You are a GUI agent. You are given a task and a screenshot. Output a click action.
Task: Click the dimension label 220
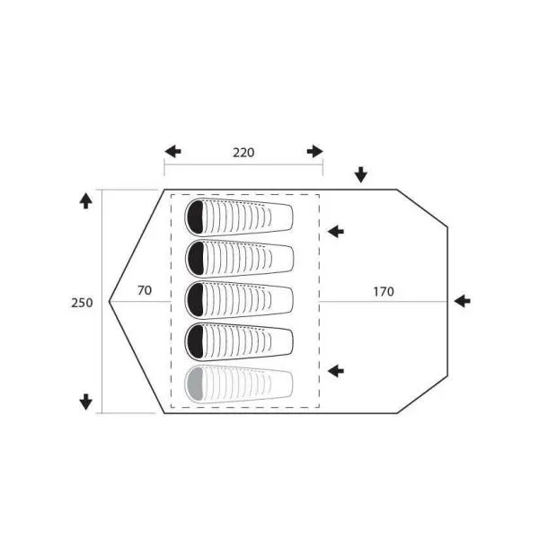(243, 153)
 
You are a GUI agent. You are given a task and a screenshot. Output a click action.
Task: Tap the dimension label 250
(82, 303)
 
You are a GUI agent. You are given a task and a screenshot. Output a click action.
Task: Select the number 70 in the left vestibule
(145, 290)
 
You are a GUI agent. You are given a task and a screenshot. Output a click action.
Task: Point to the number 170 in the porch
(384, 291)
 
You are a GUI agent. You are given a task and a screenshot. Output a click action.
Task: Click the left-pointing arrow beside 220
(172, 151)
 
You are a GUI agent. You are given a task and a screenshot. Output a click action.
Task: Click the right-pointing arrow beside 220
(315, 151)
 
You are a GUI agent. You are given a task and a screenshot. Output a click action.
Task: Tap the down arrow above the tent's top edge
(361, 175)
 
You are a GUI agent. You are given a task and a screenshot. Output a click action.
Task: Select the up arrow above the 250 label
(85, 200)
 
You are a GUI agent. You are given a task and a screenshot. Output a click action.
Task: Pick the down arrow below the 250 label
(85, 402)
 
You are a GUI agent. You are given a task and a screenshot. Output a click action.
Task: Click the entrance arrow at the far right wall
(463, 301)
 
